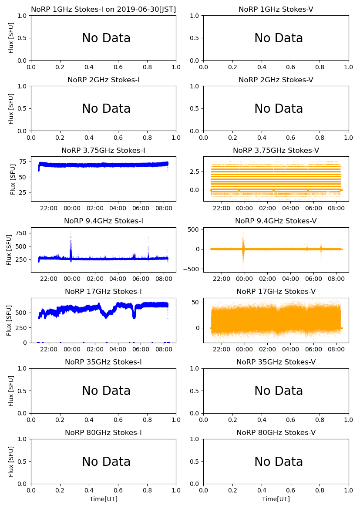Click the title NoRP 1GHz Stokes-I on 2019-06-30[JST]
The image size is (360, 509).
104,9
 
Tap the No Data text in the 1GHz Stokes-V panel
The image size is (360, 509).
279,38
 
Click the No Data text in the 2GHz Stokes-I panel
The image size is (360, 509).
106,109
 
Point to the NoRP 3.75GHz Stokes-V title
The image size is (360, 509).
276,150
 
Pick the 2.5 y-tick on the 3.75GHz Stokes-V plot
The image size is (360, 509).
195,172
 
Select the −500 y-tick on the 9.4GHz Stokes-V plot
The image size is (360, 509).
193,269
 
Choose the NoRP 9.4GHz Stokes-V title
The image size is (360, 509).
276,221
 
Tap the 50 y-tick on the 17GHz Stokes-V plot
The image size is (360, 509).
196,302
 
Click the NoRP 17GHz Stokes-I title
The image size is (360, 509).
104,291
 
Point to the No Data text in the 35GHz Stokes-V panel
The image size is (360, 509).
279,391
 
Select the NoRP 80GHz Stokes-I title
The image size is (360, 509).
104,432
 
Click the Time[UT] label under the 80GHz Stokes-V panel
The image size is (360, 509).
276,499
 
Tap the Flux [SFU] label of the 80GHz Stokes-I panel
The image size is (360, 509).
12,461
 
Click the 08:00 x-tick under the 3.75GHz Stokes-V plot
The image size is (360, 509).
336,208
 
